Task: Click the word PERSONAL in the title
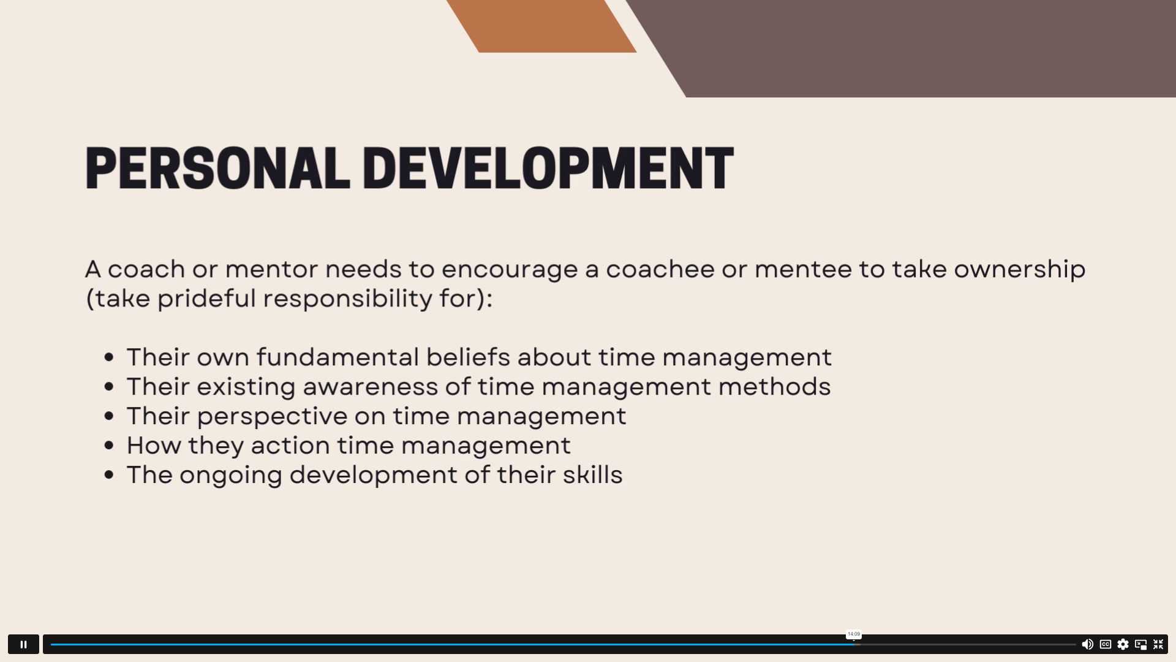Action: [217, 168]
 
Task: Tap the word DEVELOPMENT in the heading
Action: [548, 168]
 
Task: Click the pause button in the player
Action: [23, 644]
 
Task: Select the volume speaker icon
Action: [1087, 644]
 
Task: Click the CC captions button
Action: [1106, 644]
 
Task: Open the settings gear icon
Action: [1123, 644]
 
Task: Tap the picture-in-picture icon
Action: [1140, 644]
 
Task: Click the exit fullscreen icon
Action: [1158, 644]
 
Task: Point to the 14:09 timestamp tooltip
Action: [854, 634]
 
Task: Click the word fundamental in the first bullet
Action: [337, 357]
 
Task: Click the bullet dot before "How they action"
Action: [109, 446]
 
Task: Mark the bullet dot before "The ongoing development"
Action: [109, 475]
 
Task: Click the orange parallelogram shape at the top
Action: [541, 26]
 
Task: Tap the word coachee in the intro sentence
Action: [660, 270]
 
